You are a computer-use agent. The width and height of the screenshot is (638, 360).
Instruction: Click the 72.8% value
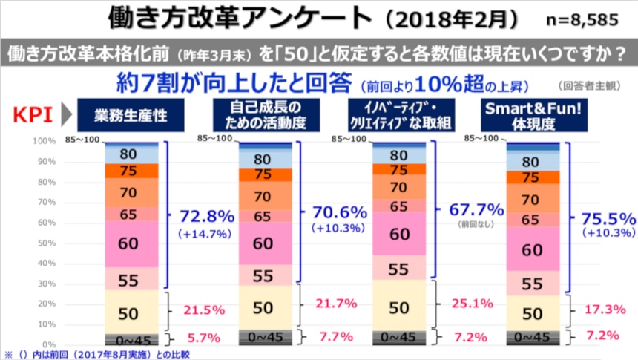(206, 217)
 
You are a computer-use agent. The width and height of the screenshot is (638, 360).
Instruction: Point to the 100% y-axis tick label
(44, 140)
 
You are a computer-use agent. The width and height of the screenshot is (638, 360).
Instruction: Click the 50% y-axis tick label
(46, 243)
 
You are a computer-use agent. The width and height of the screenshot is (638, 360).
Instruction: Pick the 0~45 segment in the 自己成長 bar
(264, 337)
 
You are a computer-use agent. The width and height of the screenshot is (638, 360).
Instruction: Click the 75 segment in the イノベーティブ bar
(398, 169)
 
